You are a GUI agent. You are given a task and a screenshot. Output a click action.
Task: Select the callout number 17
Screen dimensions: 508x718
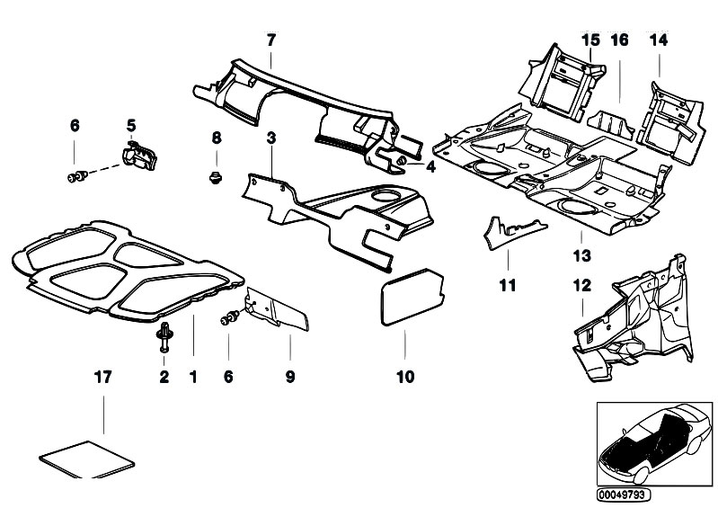click(x=103, y=378)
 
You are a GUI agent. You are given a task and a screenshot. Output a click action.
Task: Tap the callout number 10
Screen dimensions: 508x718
click(x=404, y=378)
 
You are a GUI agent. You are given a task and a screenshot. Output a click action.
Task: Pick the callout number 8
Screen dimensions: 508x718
click(x=216, y=138)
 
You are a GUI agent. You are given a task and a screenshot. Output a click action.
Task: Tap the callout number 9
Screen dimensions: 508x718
click(x=290, y=378)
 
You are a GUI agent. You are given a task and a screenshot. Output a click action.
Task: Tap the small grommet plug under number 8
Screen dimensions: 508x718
click(x=216, y=173)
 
